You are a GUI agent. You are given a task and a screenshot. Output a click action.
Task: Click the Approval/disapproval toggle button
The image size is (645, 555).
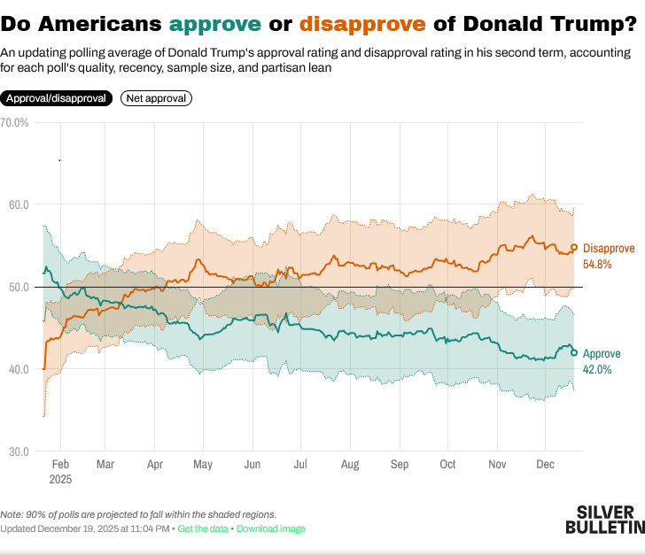point(57,98)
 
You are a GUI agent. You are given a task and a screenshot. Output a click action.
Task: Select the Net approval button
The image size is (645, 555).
point(156,98)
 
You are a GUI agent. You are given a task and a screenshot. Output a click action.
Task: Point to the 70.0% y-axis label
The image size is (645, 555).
point(15,122)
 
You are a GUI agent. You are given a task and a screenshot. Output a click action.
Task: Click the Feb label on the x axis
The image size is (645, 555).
point(60,464)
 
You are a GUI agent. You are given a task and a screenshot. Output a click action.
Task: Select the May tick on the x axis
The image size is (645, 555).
point(203,464)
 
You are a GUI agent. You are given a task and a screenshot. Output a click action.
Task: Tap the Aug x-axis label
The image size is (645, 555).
point(349,464)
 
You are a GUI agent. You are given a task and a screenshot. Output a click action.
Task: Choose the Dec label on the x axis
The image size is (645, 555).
point(545,464)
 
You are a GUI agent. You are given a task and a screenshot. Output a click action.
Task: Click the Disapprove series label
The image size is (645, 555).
point(610,249)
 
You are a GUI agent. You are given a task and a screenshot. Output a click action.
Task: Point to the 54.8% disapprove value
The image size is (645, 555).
point(598,264)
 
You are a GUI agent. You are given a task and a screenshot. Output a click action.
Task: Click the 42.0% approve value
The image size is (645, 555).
point(597,369)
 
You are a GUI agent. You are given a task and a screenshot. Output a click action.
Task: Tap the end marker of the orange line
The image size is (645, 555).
point(574,248)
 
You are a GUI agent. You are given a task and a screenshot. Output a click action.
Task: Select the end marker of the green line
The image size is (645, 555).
point(574,352)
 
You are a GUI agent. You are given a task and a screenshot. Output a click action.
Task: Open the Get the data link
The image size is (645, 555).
point(204,528)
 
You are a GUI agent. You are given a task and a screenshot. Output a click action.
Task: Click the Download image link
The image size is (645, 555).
point(270,528)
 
